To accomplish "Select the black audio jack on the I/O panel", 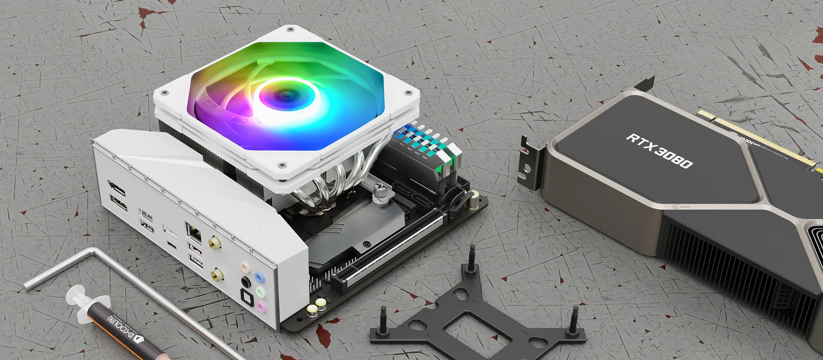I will [x=246, y=282].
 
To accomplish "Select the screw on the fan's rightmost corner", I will [x=407, y=92].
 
